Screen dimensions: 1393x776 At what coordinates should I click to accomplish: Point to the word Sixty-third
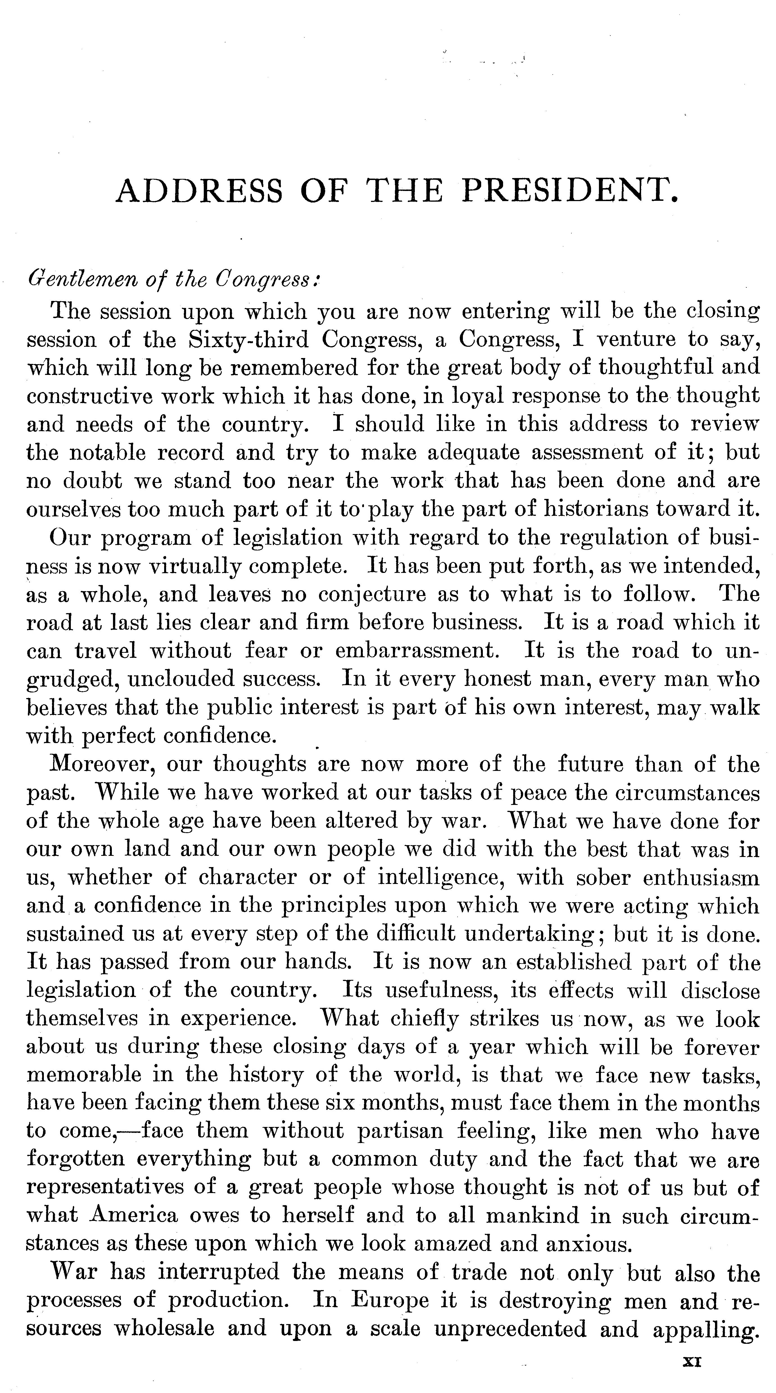tap(248, 339)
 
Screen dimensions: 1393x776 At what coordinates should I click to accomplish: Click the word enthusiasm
tap(701, 877)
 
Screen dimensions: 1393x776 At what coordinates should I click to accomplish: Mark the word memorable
tap(84, 1075)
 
